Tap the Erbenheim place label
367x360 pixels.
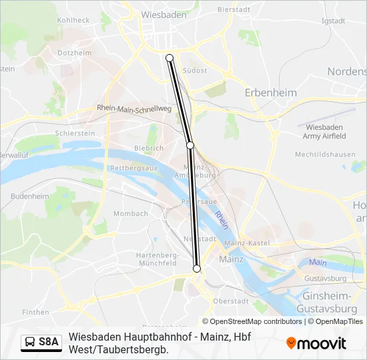(270, 93)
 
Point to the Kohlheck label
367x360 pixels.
(73, 20)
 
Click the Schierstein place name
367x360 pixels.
(75, 133)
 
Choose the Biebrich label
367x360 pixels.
(148, 148)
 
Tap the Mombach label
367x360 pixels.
(131, 213)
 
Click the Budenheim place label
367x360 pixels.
(30, 196)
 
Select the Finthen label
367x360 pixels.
(35, 311)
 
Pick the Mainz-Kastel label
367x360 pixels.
(247, 243)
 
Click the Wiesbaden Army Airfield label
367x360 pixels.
(324, 131)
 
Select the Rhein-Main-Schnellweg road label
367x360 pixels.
(134, 109)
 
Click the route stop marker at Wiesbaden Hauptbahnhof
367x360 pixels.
(169, 58)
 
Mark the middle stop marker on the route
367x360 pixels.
(190, 145)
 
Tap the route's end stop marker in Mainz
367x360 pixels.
(196, 268)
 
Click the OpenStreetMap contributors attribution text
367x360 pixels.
(257, 321)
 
